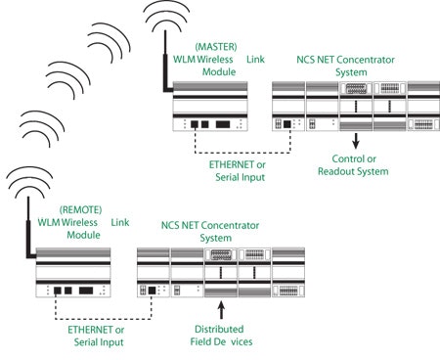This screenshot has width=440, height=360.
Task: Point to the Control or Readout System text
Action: (x=353, y=165)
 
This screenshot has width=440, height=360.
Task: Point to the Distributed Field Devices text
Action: (x=222, y=336)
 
